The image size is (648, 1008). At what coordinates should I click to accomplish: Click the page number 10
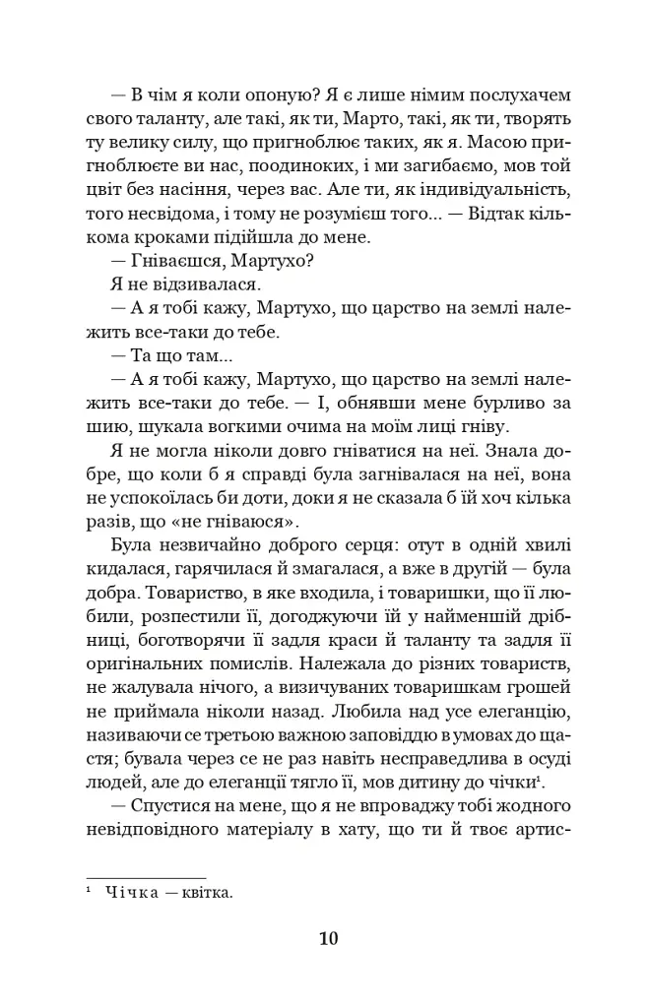tap(328, 938)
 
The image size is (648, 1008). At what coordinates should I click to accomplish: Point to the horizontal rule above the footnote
tap(146, 877)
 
